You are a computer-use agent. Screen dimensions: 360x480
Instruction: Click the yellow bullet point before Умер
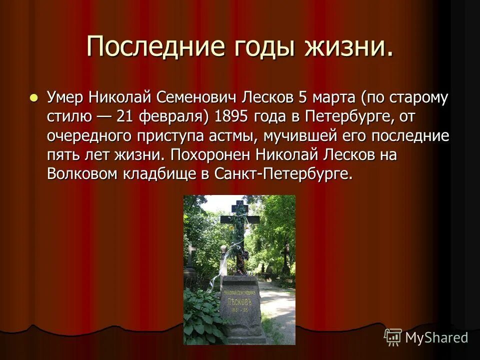[x=33, y=97]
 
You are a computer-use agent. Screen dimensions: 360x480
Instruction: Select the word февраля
[x=174, y=116]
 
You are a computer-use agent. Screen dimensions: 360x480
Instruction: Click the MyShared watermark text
[x=436, y=338]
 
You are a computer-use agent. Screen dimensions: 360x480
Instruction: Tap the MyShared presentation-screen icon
[x=393, y=337]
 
